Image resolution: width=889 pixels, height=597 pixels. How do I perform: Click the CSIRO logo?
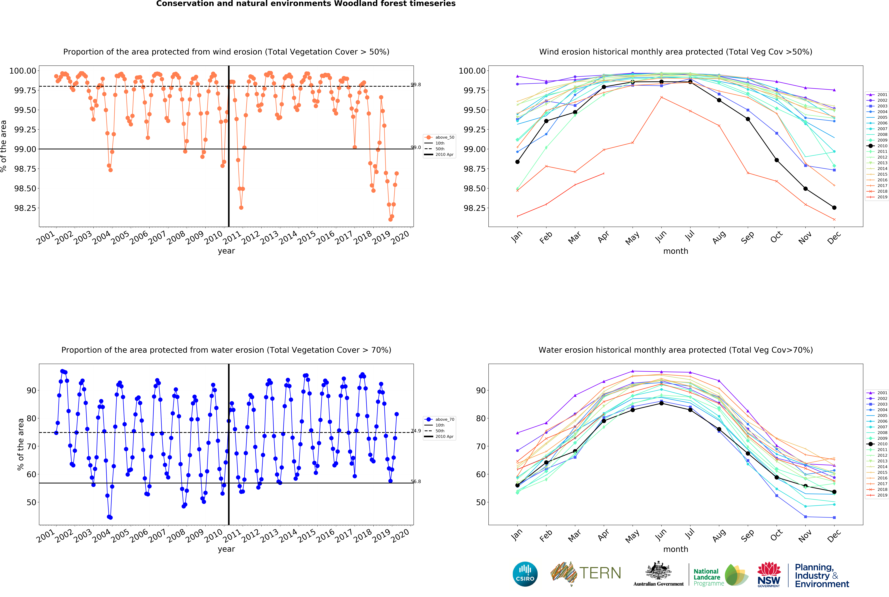[525, 574]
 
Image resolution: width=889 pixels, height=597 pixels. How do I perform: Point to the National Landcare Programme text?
[708, 577]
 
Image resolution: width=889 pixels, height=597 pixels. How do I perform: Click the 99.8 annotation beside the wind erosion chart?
[416, 84]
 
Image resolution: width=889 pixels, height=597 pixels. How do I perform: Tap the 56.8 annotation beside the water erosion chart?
[416, 482]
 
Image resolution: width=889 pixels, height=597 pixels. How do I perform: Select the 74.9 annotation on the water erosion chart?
[416, 431]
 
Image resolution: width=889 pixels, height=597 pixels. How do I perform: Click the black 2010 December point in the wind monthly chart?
[834, 208]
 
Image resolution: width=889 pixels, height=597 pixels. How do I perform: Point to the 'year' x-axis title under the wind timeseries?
[226, 251]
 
